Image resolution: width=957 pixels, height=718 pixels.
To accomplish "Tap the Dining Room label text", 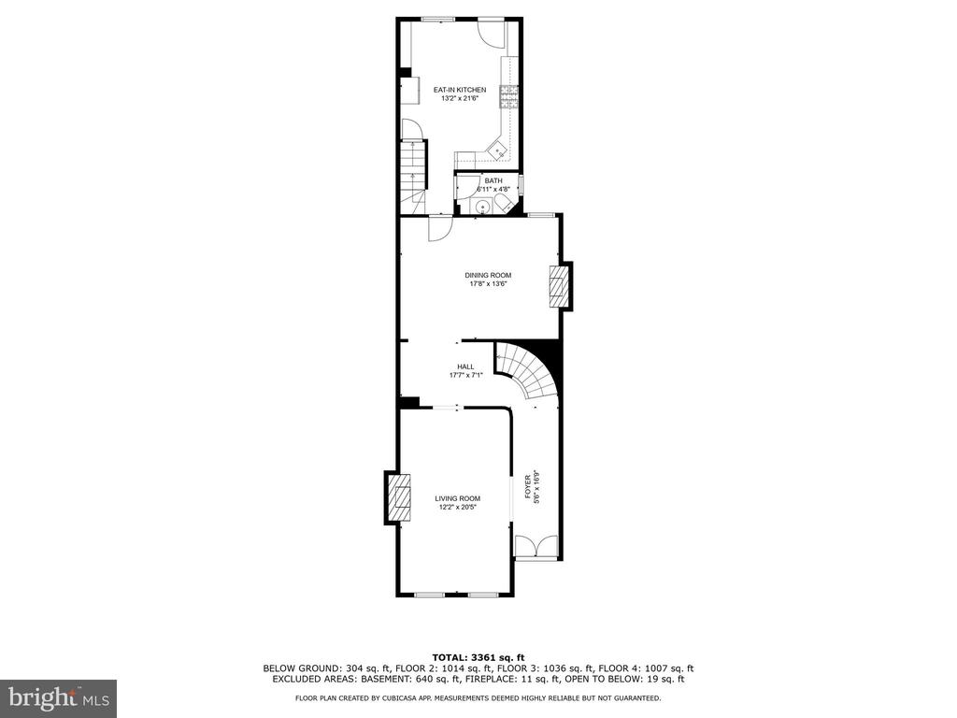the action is point(488,276).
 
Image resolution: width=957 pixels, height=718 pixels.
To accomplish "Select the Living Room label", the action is point(457,499).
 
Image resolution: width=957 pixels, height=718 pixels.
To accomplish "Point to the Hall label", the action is point(465,366).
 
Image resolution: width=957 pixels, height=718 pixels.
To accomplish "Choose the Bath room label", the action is point(493,180).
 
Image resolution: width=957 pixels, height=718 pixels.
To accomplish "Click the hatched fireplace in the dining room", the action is point(556,286).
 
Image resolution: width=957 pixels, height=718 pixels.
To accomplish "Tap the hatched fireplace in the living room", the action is point(401,497).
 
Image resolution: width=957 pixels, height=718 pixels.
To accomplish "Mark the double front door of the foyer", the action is point(536,546).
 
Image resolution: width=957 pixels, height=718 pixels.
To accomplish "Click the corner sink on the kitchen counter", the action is point(499,149).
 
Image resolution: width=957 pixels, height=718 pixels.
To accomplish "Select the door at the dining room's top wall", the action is point(439,228).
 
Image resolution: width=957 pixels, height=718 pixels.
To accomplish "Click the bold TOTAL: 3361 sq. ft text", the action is point(478,657).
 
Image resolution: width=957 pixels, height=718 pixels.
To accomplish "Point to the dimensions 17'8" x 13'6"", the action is point(488,283).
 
